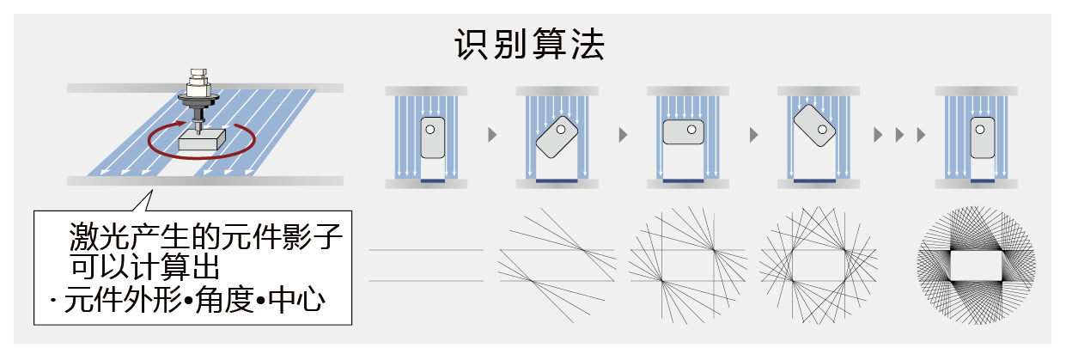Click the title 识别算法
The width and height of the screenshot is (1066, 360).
coord(530,45)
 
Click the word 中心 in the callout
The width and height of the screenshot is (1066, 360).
coord(297,301)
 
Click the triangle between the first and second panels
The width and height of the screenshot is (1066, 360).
coord(491,135)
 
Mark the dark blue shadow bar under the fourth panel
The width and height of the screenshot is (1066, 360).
coord(814,181)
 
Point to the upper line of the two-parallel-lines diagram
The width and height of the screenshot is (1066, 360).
coord(426,250)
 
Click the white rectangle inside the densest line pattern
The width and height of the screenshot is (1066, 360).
coord(975,265)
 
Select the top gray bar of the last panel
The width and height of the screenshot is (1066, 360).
coord(976,89)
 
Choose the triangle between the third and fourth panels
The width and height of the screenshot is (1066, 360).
coord(753,135)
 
